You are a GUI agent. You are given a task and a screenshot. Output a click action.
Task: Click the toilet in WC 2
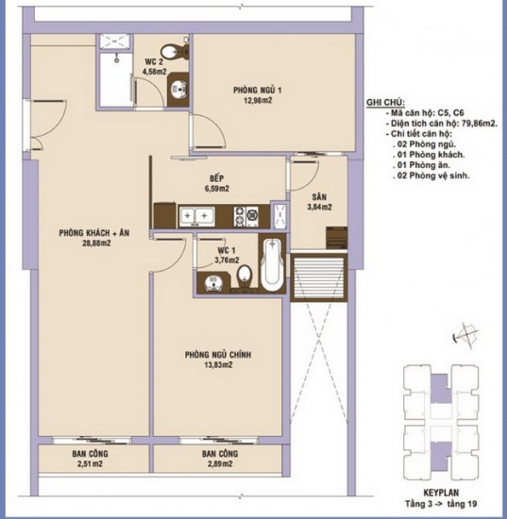[174, 52]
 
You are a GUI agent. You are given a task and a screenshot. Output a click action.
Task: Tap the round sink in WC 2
[178, 90]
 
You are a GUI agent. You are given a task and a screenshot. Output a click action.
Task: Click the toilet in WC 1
[245, 276]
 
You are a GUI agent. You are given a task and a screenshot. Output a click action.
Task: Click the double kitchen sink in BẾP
[196, 216]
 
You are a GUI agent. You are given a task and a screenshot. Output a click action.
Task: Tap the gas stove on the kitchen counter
[246, 216]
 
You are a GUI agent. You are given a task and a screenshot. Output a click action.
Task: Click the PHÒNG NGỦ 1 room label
[258, 90]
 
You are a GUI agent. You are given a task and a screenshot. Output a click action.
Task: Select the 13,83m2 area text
[218, 365]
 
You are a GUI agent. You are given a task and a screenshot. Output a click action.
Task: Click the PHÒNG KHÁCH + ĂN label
[94, 233]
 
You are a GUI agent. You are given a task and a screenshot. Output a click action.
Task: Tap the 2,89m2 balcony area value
[220, 463]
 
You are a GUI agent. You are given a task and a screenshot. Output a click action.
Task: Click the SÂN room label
[319, 197]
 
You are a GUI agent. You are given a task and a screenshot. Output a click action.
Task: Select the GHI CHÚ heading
[385, 102]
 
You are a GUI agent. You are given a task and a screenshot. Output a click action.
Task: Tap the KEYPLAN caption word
[441, 493]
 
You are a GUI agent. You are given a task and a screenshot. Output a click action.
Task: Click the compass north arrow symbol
[465, 335]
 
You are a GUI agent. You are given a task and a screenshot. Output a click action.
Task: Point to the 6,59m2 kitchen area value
[217, 189]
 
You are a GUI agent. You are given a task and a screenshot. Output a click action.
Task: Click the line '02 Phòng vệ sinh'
[431, 176]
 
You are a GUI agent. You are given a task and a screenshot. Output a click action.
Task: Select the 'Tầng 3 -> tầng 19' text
[441, 504]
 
